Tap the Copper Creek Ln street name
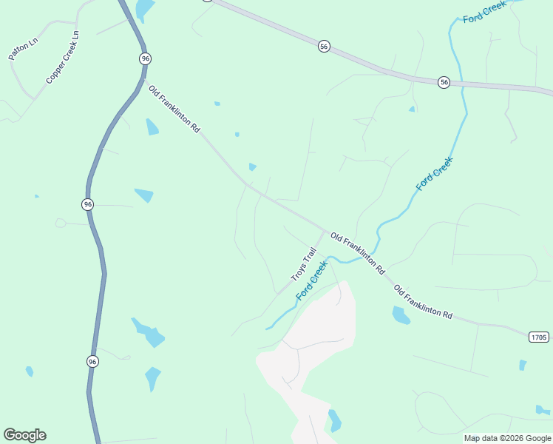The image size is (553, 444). click(63, 58)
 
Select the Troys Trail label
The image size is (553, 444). click(303, 264)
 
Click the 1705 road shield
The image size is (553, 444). click(539, 337)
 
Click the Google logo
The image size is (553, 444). click(24, 435)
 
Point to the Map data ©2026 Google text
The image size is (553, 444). click(508, 438)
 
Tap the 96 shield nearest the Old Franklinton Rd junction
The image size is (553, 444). click(145, 58)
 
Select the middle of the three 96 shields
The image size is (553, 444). click(88, 204)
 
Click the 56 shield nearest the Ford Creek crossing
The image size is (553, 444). click(444, 82)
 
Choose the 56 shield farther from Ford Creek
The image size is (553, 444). click(324, 47)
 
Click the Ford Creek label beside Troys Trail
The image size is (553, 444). click(311, 280)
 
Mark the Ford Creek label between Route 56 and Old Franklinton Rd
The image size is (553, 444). click(434, 174)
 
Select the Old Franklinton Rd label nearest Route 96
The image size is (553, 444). click(174, 109)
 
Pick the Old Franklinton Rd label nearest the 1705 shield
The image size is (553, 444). click(422, 302)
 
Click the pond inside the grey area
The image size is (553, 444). click(335, 420)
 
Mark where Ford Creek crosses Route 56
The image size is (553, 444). click(461, 83)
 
